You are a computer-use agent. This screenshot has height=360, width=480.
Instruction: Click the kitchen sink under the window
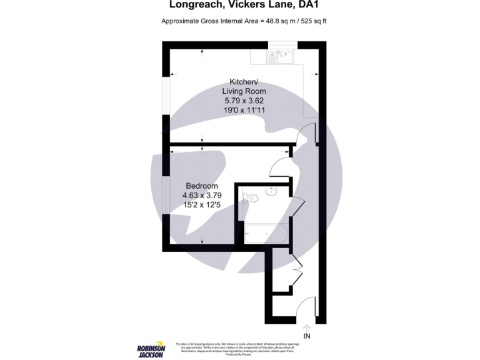pos(281,57)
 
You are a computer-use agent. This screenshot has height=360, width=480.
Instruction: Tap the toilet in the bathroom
pos(251,198)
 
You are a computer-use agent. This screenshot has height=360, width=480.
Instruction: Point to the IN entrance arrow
pos(306,327)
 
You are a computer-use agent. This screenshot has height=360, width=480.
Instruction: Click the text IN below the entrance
pos(306,336)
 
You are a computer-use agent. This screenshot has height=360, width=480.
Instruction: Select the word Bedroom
pos(202,186)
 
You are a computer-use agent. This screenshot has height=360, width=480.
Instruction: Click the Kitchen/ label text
pos(244,82)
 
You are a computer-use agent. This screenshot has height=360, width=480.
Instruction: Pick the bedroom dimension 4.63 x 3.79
pos(202,195)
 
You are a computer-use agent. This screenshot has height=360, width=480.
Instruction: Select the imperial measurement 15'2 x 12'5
pos(202,204)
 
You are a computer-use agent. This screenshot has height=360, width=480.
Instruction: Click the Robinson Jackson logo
pos(151,348)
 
